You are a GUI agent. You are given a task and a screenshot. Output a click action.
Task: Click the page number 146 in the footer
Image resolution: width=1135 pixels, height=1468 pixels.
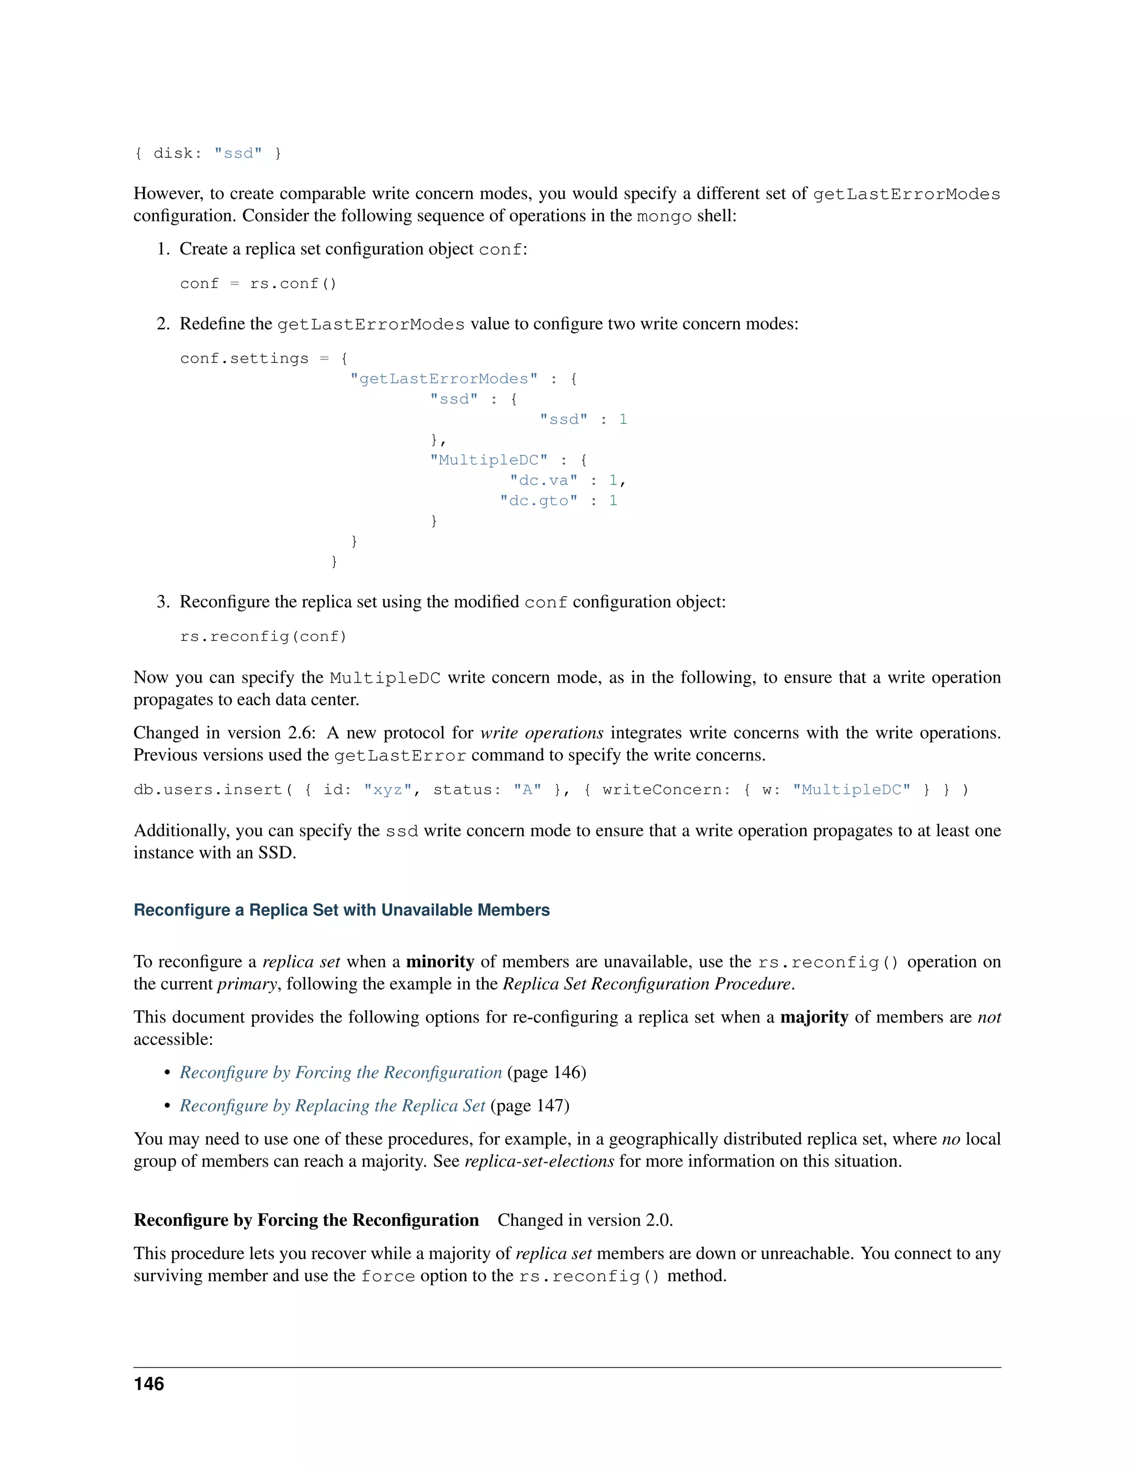pyautogui.click(x=149, y=1383)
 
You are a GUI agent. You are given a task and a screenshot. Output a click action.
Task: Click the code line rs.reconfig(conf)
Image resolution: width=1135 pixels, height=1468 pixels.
pyautogui.click(x=263, y=636)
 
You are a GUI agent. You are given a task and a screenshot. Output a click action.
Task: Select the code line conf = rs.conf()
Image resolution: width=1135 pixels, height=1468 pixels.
pyautogui.click(x=258, y=284)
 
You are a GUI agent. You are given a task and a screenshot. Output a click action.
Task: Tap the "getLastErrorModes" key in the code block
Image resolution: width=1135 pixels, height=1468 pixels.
pyautogui.click(x=444, y=378)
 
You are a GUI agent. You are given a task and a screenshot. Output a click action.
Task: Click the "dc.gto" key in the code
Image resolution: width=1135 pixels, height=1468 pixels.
pyautogui.click(x=538, y=500)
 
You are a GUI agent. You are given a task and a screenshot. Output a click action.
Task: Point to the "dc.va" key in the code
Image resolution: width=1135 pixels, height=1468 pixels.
pyautogui.click(x=543, y=480)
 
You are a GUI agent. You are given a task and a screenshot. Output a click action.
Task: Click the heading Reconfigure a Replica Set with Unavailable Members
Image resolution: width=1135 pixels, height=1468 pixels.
pyautogui.click(x=341, y=910)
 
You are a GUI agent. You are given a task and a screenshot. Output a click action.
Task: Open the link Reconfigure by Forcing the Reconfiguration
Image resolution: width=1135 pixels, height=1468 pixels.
pyautogui.click(x=340, y=1072)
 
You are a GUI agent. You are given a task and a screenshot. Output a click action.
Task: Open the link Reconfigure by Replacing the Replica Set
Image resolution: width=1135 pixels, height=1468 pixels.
pyautogui.click(x=331, y=1106)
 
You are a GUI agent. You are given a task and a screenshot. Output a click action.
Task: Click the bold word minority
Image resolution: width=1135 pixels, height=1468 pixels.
pyautogui.click(x=439, y=961)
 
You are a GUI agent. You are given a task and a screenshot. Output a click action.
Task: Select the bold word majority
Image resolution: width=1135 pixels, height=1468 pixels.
pyautogui.click(x=814, y=1017)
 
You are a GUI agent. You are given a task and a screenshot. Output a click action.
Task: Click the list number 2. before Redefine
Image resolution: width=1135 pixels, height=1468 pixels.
pyautogui.click(x=163, y=324)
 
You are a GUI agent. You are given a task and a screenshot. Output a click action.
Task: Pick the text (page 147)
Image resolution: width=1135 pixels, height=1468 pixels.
pyautogui.click(x=529, y=1106)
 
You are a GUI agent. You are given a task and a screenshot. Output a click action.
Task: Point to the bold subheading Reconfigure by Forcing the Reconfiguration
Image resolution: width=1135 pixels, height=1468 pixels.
pyautogui.click(x=306, y=1220)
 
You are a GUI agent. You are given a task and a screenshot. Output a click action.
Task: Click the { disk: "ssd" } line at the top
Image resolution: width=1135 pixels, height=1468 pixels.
pyautogui.click(x=207, y=153)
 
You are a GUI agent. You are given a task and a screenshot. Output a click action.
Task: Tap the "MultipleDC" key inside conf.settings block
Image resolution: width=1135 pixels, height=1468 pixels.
pyautogui.click(x=489, y=460)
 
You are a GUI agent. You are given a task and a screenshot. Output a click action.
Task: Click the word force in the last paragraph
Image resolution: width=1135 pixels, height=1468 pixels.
pyautogui.click(x=387, y=1276)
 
